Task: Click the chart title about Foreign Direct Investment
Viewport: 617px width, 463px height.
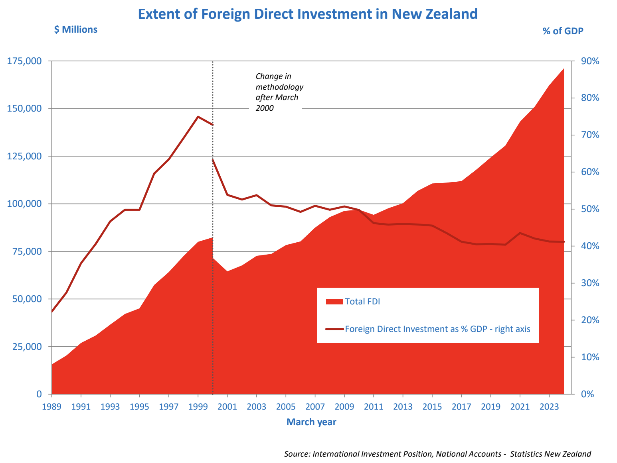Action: coord(308,14)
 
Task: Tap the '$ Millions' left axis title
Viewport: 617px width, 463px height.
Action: coord(76,29)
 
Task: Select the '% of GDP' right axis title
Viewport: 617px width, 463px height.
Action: coord(563,31)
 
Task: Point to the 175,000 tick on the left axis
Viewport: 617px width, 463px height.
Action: coord(24,61)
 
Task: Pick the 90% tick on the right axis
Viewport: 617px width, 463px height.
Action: coord(589,61)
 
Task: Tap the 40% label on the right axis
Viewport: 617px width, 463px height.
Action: coord(589,246)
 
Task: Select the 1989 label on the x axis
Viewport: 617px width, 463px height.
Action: coord(51,406)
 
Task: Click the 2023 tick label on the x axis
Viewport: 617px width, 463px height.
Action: coord(549,406)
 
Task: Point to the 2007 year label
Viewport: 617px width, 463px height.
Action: coord(315,406)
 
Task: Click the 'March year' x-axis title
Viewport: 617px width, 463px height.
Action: coord(311,422)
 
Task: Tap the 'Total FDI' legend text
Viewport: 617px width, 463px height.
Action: coord(362,301)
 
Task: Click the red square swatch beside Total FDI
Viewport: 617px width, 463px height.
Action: coord(334,302)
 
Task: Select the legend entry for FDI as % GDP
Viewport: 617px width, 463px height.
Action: coord(437,329)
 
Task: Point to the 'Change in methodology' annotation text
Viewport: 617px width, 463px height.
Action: coord(279,92)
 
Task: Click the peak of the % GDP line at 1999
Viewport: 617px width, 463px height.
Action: coord(198,117)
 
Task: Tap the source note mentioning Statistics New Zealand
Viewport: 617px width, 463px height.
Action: coord(437,454)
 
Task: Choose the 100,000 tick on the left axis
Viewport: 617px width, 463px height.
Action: coord(24,204)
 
